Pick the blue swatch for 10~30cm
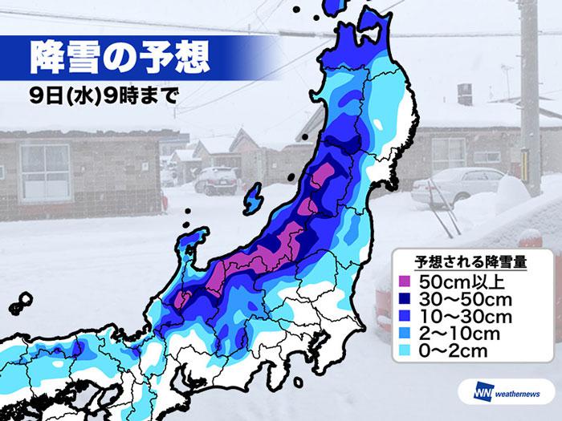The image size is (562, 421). click(x=406, y=316)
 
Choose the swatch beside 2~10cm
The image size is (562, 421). click(x=406, y=333)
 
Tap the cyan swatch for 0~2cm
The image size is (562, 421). click(x=406, y=350)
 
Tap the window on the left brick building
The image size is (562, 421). click(x=44, y=172)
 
